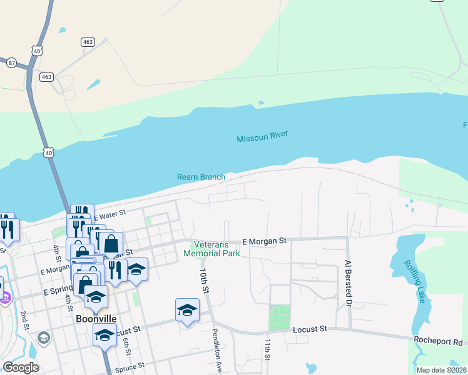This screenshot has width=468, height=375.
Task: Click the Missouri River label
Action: [x=262, y=139]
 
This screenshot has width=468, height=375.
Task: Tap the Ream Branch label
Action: [x=201, y=177]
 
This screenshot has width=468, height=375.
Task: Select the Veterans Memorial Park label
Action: [x=212, y=249]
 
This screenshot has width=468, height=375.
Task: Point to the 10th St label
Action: [x=203, y=281]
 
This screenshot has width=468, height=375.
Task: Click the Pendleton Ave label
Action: [x=217, y=350]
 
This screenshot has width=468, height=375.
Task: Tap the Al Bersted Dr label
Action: [x=347, y=285]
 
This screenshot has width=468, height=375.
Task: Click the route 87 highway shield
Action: [x=11, y=62]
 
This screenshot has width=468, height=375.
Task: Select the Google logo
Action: [x=21, y=367]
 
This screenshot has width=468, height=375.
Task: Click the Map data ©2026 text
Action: [x=442, y=370]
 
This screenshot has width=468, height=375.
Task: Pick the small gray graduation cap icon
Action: [x=43, y=338]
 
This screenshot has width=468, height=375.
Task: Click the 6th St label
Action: [x=127, y=344]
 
